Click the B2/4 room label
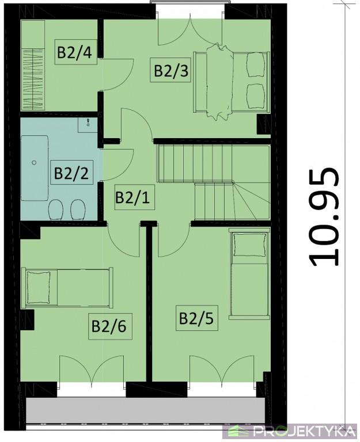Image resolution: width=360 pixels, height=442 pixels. pos(75,52)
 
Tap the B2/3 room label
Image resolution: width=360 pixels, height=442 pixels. pos(171,70)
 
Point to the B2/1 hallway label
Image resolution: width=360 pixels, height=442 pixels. pos(132,198)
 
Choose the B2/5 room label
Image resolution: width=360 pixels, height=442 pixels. pos(196,318)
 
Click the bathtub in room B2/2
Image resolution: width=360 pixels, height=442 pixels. pos(35,168)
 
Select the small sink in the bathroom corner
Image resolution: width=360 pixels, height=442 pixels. pos(88,125)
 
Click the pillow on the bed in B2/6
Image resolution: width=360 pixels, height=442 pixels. pos(39,287)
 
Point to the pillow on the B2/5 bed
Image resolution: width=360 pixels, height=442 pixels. pos(250,245)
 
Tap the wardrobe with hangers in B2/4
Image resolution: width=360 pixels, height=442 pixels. pos(33,79)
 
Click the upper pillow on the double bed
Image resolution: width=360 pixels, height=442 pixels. pos(256,65)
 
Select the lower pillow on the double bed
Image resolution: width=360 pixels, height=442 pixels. pos(256,96)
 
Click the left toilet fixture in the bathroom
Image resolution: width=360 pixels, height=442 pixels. pos(55,210)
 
